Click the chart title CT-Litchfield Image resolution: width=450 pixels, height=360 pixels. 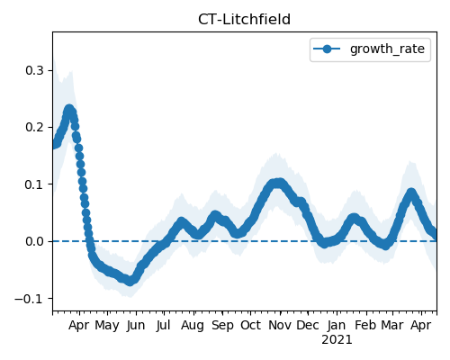click(244, 20)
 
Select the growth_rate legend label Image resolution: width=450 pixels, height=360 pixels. click(387, 49)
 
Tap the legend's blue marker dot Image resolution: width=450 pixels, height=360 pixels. click(327, 49)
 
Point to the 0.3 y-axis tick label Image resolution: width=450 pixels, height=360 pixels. click(35, 71)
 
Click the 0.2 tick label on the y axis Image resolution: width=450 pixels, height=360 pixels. click(35, 128)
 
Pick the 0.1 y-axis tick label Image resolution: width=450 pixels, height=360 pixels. click(35, 184)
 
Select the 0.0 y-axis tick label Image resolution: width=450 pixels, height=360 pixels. click(35, 241)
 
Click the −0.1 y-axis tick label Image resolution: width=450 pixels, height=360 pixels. click(30, 299)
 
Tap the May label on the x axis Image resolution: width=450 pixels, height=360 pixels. click(107, 326)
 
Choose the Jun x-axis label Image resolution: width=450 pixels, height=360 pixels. click(136, 326)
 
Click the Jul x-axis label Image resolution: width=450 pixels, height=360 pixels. click(164, 326)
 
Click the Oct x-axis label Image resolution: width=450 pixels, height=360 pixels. click(250, 326)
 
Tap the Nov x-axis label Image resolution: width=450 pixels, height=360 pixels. click(280, 326)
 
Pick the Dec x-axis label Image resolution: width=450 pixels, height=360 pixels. click(308, 326)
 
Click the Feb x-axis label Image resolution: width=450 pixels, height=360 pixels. click(365, 326)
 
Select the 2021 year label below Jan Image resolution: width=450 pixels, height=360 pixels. click(337, 340)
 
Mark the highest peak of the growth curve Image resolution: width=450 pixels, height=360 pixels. click(69, 110)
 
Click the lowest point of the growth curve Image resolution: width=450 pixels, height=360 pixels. click(130, 281)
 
